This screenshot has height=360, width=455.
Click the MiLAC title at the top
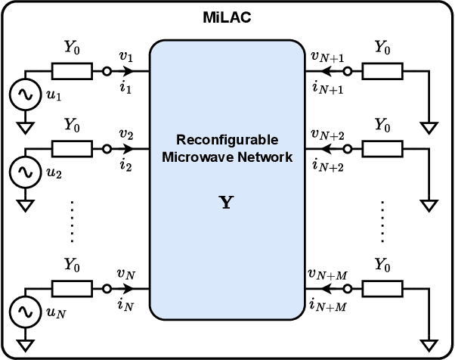click(227, 17)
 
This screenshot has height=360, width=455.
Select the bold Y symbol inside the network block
click(225, 203)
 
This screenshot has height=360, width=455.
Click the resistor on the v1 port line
click(73, 72)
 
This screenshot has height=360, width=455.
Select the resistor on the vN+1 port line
click(383, 72)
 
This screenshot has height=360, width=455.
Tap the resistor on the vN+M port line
click(383, 289)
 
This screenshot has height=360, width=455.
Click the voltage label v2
click(125, 134)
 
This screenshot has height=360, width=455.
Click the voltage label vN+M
click(328, 275)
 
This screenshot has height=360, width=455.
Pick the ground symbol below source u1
click(25, 126)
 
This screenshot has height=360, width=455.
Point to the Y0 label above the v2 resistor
click(73, 123)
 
